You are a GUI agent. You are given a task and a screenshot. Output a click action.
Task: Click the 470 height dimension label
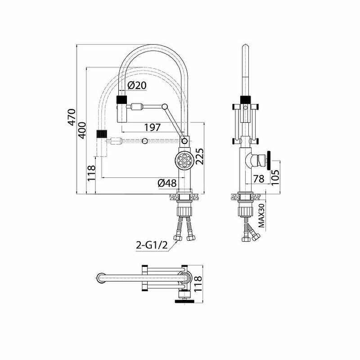pos(72,117)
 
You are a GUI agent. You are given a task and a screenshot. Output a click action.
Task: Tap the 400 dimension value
pos(82,130)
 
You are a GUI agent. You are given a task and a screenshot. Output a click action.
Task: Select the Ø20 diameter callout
pos(137,85)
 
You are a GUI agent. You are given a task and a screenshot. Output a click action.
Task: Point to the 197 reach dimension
pos(152,127)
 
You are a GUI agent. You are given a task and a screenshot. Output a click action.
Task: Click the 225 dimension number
pos(199,156)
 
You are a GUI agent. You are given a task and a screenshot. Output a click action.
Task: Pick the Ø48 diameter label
pos(167,183)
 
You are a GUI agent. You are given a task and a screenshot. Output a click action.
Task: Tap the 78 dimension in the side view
pos(259,179)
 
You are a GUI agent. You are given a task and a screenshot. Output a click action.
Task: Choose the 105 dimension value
pos(275,177)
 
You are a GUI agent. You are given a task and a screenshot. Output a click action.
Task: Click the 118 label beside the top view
pos(198,284)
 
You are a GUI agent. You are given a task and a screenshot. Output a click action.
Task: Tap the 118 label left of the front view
pos(91,173)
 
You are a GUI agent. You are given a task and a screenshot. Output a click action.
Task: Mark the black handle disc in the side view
pos(268,161)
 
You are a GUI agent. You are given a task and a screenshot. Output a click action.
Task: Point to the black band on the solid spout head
pos(121,99)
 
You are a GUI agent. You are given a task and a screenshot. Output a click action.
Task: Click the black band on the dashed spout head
pos(102,134)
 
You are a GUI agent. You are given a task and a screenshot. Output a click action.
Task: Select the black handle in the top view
pos(185,301)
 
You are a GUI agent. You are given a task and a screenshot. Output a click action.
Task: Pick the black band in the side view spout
pos(246,99)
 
